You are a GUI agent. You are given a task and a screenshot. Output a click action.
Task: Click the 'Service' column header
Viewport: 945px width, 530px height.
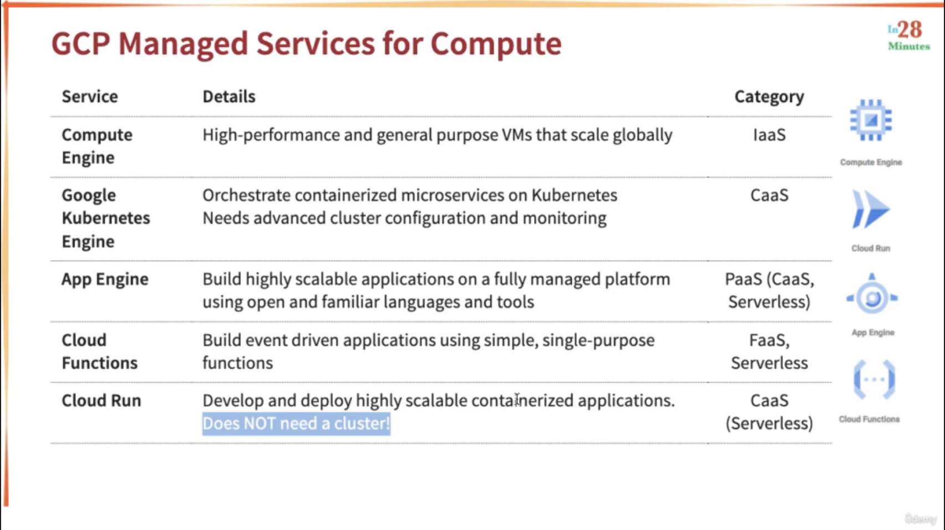click(90, 96)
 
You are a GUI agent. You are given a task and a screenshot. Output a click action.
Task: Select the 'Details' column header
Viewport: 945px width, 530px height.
click(229, 96)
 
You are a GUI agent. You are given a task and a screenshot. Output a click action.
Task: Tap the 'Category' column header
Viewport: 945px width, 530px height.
click(769, 97)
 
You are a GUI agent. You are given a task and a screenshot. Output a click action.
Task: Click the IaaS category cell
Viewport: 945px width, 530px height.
click(770, 135)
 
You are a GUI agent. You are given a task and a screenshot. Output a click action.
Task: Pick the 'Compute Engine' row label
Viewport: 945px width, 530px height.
click(97, 146)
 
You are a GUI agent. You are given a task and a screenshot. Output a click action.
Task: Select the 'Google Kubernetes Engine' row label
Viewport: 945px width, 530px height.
click(106, 218)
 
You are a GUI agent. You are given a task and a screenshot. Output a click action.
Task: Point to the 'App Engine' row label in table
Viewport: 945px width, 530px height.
click(105, 279)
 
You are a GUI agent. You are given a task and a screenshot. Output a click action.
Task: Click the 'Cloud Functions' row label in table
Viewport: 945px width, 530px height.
click(100, 351)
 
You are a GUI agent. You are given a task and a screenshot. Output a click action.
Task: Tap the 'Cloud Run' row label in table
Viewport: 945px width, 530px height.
click(101, 401)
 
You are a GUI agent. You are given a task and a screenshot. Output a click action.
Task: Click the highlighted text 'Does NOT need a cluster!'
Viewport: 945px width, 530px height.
click(296, 424)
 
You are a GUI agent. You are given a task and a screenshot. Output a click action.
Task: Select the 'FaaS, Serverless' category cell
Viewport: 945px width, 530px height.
click(770, 351)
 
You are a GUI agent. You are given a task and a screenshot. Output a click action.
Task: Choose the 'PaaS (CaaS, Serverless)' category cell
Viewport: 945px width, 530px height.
click(770, 291)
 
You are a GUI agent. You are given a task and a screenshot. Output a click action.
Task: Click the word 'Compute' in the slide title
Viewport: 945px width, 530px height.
click(496, 44)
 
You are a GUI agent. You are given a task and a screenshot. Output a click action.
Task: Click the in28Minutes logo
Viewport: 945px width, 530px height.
click(909, 35)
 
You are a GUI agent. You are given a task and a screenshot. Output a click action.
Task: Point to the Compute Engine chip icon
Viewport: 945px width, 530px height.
click(871, 121)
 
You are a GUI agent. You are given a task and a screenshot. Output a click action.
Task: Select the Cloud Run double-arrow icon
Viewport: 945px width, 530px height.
click(871, 209)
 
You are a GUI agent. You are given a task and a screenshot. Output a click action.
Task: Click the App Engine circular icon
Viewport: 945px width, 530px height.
click(872, 294)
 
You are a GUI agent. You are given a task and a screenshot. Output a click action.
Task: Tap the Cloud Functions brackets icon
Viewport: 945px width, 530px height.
click(874, 379)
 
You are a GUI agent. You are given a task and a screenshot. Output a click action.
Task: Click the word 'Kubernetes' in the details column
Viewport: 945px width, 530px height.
click(574, 195)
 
